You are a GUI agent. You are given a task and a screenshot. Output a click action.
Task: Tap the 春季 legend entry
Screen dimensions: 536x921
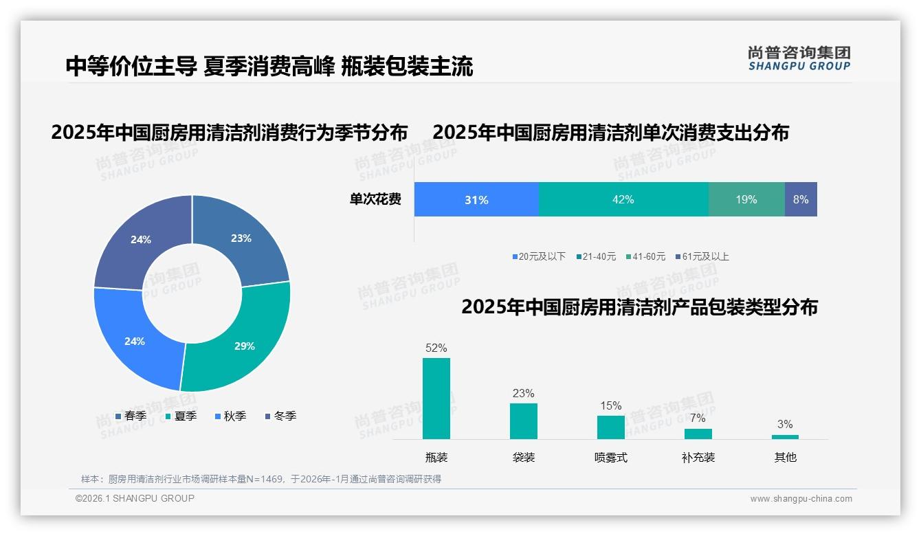(x=131, y=416)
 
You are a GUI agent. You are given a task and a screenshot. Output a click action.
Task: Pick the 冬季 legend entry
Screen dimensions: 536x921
(x=280, y=416)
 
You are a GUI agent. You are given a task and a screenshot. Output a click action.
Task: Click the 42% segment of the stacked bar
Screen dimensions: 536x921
(x=623, y=199)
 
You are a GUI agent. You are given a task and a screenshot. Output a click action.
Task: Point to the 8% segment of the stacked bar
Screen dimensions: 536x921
(x=801, y=199)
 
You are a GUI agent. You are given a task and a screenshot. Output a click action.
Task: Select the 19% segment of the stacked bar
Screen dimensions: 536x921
(x=746, y=199)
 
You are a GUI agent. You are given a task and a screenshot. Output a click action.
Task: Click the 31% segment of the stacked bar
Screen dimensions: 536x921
(x=476, y=199)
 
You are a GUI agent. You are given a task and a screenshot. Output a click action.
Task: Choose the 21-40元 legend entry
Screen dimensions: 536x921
(x=597, y=256)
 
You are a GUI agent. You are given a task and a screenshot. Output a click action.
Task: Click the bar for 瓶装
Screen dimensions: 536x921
(x=436, y=399)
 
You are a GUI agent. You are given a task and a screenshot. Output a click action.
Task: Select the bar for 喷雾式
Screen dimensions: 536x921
(x=610, y=427)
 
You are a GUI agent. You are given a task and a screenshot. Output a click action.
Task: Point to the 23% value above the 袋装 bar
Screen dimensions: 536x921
(x=523, y=393)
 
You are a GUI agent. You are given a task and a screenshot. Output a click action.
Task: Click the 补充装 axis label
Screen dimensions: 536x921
(x=698, y=457)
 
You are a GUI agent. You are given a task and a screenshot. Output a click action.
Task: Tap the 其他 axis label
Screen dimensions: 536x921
(x=785, y=457)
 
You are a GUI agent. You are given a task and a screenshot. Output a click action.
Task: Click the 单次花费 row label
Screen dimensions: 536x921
(x=375, y=200)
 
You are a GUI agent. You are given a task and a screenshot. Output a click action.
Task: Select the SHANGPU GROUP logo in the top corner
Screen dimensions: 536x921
(x=799, y=58)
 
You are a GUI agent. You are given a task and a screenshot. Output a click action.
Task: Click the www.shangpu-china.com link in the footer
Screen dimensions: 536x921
(x=801, y=499)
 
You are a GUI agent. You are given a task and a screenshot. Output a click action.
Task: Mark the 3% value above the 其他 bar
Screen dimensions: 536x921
(x=785, y=424)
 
